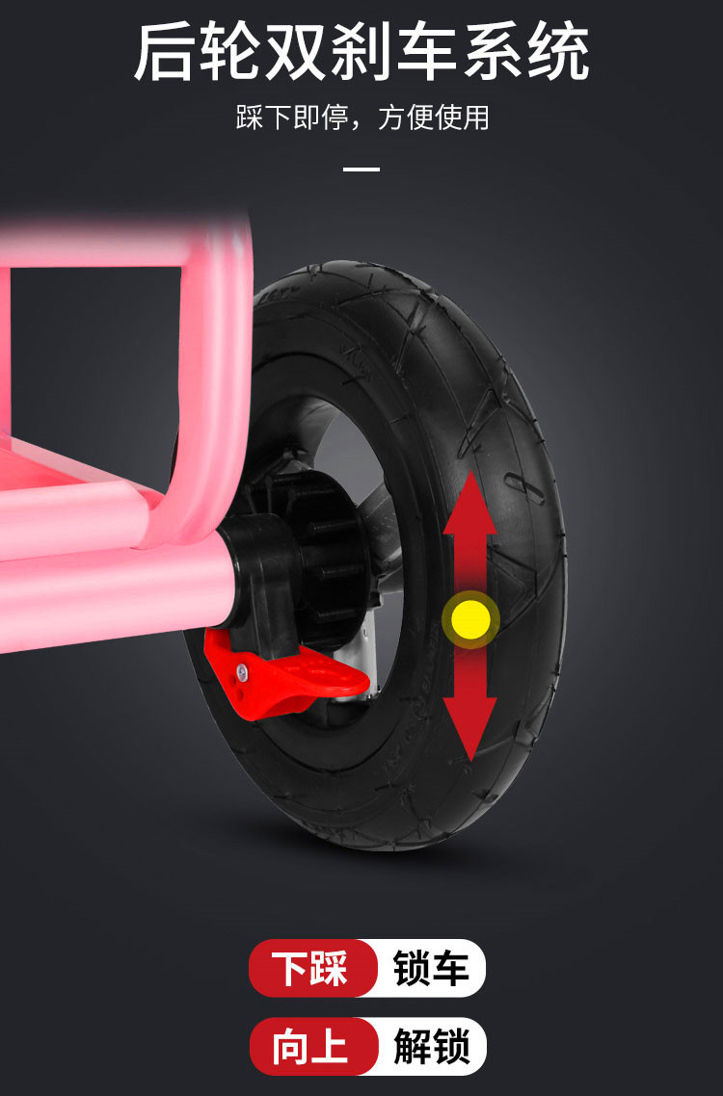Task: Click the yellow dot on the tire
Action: click(470, 618)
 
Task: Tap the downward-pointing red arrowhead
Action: click(469, 730)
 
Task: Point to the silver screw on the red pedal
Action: click(241, 671)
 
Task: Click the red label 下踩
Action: click(309, 969)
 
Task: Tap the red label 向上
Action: click(309, 1046)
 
